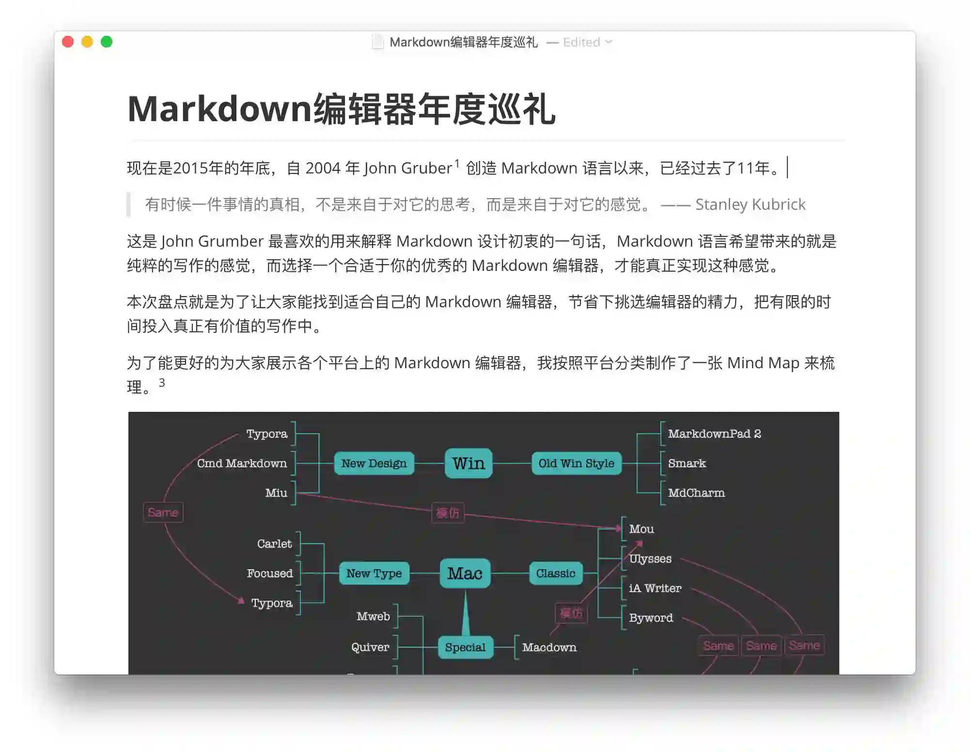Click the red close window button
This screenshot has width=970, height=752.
[x=68, y=42]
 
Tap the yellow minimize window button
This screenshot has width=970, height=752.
[x=87, y=42]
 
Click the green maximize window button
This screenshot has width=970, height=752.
[x=107, y=42]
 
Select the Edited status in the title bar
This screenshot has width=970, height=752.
[x=581, y=43]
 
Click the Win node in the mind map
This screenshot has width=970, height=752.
[x=469, y=463]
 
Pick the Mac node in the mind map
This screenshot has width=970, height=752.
[x=465, y=573]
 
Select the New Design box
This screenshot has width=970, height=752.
[x=374, y=463]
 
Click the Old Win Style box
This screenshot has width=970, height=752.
[x=576, y=463]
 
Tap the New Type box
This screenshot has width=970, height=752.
[x=374, y=573]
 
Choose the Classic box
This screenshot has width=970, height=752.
[x=555, y=573]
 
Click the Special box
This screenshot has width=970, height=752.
[x=465, y=647]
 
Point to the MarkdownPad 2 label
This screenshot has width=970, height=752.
[x=714, y=434]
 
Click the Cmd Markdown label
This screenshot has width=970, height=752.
[x=242, y=463]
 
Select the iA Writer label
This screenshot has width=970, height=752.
[x=655, y=588]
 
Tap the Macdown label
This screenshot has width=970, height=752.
[x=549, y=647]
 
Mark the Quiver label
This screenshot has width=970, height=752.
[x=370, y=647]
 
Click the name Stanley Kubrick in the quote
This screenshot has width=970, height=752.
[x=750, y=204]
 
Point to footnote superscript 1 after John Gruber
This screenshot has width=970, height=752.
[x=457, y=163]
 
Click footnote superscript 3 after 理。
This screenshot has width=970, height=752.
[x=162, y=383]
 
